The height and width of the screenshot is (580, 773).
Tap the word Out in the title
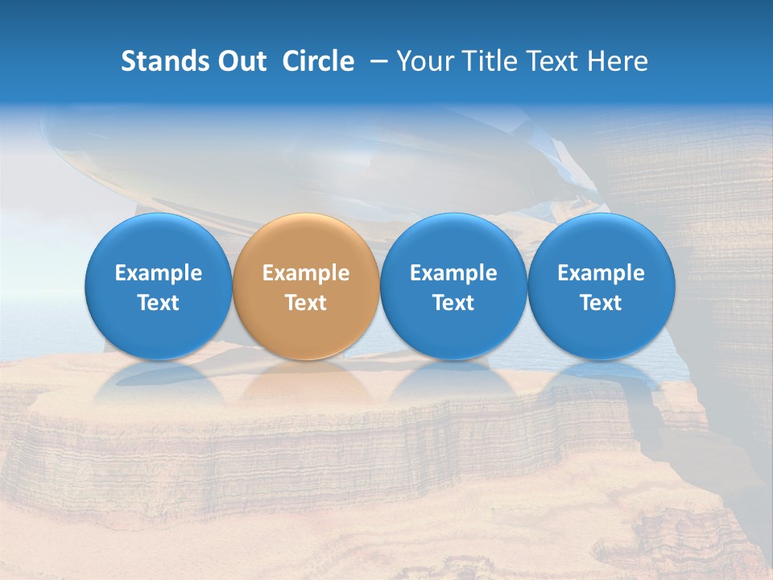click(x=239, y=61)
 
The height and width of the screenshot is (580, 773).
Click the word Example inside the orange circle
click(x=306, y=273)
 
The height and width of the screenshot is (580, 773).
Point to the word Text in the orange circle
click(x=306, y=303)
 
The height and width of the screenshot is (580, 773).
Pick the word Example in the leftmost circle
click(x=159, y=273)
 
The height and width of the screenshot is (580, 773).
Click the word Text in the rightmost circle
click(x=601, y=303)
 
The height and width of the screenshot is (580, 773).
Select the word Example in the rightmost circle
click(x=601, y=273)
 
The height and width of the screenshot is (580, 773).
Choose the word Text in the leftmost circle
click(x=159, y=303)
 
